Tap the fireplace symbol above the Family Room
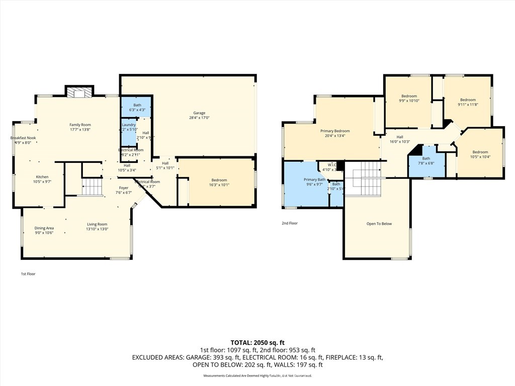(x=79, y=92)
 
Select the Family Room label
(x=80, y=125)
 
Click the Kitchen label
(x=42, y=177)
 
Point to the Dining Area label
(x=44, y=228)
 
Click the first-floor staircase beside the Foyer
(x=92, y=187)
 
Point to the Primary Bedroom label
(x=335, y=131)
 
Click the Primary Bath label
(x=314, y=179)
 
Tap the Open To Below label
(x=379, y=224)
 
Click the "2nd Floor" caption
(x=290, y=223)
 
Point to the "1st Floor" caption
(x=28, y=274)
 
